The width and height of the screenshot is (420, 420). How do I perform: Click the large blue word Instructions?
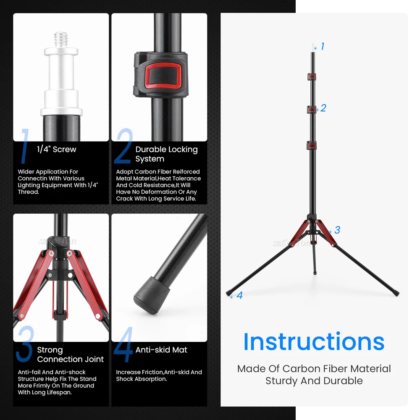[x=314, y=341]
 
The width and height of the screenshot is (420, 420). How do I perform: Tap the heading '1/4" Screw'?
[x=57, y=149]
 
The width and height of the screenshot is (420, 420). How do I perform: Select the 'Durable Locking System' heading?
[x=166, y=154]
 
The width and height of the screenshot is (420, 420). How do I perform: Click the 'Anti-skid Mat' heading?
[x=161, y=349]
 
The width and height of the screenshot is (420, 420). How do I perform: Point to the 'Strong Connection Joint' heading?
[x=70, y=354]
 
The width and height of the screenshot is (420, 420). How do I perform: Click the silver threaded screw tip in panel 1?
[x=61, y=39]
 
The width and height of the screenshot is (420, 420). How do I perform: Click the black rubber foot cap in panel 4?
[x=152, y=295]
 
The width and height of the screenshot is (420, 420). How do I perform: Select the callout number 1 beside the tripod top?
[x=323, y=46]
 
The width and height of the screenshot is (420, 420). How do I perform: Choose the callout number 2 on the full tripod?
[x=323, y=108]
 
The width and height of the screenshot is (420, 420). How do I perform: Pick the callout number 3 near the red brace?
[x=337, y=230]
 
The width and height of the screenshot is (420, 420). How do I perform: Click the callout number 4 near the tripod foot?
[x=239, y=295]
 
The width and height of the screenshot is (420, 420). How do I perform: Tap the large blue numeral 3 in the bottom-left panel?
[x=25, y=344]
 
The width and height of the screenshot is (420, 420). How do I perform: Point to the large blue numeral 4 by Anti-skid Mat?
[x=123, y=344]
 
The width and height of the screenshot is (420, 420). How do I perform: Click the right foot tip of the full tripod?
[x=397, y=294]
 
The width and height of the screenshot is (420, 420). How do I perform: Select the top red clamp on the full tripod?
[x=312, y=77]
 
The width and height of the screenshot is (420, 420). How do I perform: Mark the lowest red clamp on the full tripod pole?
[x=312, y=146]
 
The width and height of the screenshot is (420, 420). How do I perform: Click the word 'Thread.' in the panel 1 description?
[x=29, y=192]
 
